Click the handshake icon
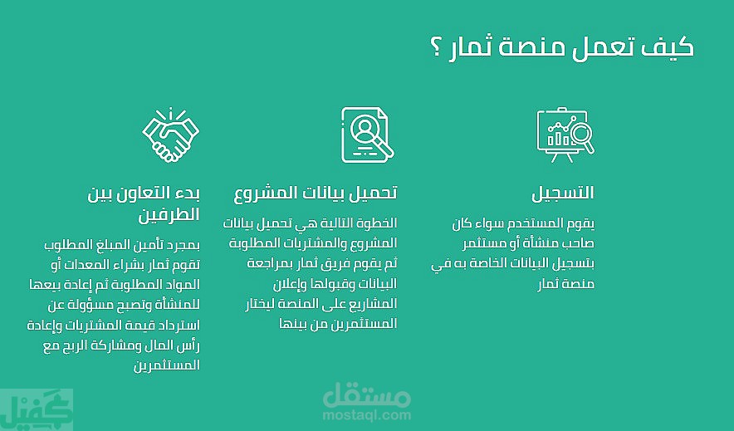pyautogui.click(x=171, y=135)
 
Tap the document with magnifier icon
pyautogui.click(x=368, y=135)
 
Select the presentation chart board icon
pyautogui.click(x=565, y=135)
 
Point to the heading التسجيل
pyautogui.click(x=563, y=193)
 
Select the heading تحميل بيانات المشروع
pyautogui.click(x=316, y=193)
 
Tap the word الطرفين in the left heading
pyautogui.click(x=169, y=215)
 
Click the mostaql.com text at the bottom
pyautogui.click(x=366, y=414)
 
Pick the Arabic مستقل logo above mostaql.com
pyautogui.click(x=366, y=395)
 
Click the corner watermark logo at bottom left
pyautogui.click(x=36, y=409)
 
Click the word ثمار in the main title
pyautogui.click(x=471, y=47)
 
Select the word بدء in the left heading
pyautogui.click(x=188, y=193)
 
